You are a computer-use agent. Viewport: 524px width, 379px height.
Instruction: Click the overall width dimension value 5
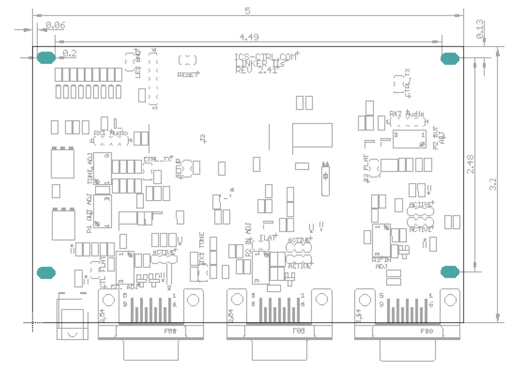247,11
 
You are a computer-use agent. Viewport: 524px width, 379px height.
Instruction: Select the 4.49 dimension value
249,37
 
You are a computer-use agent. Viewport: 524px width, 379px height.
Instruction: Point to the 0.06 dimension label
56,25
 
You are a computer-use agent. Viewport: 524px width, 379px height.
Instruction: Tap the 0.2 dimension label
69,53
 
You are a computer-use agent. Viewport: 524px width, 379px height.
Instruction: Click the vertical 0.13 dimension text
480,29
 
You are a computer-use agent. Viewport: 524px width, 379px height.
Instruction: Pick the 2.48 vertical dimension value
470,164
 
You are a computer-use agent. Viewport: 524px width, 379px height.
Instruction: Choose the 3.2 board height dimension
493,184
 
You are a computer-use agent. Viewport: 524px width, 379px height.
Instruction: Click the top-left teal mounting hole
46,58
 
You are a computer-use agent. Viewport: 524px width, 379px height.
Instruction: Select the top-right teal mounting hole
450,59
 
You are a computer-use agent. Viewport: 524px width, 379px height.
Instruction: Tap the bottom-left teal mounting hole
46,273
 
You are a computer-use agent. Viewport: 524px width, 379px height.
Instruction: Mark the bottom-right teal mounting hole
450,272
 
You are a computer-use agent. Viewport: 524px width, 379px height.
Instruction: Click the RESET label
188,75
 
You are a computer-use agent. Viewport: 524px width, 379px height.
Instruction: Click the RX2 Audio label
407,113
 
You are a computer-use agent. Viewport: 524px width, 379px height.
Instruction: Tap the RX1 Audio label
111,133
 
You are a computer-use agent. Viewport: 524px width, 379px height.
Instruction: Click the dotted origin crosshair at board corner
33,322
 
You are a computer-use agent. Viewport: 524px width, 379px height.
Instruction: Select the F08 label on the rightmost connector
427,331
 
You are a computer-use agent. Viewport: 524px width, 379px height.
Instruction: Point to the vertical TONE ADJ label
90,168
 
